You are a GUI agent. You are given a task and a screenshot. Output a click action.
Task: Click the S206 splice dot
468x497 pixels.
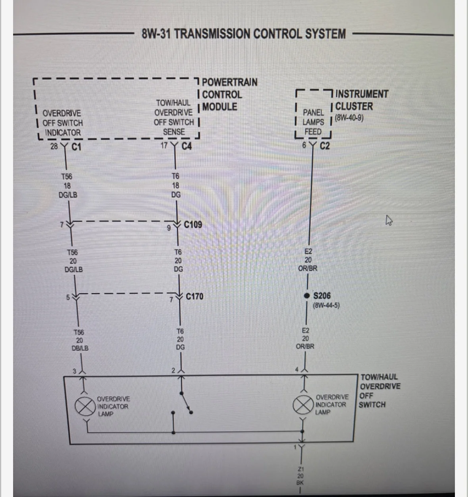pyautogui.click(x=307, y=296)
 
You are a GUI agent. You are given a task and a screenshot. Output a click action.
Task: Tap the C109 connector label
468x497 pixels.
pyautogui.click(x=193, y=225)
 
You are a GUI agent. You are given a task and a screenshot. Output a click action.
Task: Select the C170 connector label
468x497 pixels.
pyautogui.click(x=195, y=296)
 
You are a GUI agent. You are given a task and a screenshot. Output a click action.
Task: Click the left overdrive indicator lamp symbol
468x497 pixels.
pyautogui.click(x=85, y=406)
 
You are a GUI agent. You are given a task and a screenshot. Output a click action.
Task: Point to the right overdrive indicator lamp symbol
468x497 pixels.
pyautogui.click(x=303, y=405)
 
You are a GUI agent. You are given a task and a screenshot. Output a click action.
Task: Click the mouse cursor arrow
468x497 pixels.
pyautogui.click(x=389, y=220)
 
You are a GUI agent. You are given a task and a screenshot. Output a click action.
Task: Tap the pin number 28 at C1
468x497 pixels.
pyautogui.click(x=54, y=146)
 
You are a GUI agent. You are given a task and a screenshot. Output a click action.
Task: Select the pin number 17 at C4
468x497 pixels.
pyautogui.click(x=164, y=146)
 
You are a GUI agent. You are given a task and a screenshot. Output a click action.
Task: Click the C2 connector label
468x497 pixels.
pyautogui.click(x=325, y=146)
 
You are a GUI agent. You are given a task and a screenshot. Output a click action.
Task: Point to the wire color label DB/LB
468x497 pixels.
pyautogui.click(x=80, y=348)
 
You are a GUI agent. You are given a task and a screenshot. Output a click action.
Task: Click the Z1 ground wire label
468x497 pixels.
pyautogui.click(x=300, y=469)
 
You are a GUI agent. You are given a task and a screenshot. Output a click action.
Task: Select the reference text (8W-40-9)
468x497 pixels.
pyautogui.click(x=349, y=118)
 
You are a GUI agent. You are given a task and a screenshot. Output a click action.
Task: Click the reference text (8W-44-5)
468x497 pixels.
pyautogui.click(x=326, y=305)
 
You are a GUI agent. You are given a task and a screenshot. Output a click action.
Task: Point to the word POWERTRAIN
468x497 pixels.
pyautogui.click(x=229, y=82)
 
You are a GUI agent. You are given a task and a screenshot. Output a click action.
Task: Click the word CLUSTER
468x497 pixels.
pyautogui.click(x=354, y=106)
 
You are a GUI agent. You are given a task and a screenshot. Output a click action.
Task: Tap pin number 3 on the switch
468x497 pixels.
pyautogui.click(x=74, y=371)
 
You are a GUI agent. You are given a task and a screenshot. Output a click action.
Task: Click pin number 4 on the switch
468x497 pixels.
pyautogui.click(x=297, y=369)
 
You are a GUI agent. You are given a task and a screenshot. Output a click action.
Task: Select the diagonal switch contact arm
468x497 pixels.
pyautogui.click(x=186, y=403)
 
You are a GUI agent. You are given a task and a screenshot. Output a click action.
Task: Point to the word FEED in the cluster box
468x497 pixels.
pyautogui.click(x=313, y=132)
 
